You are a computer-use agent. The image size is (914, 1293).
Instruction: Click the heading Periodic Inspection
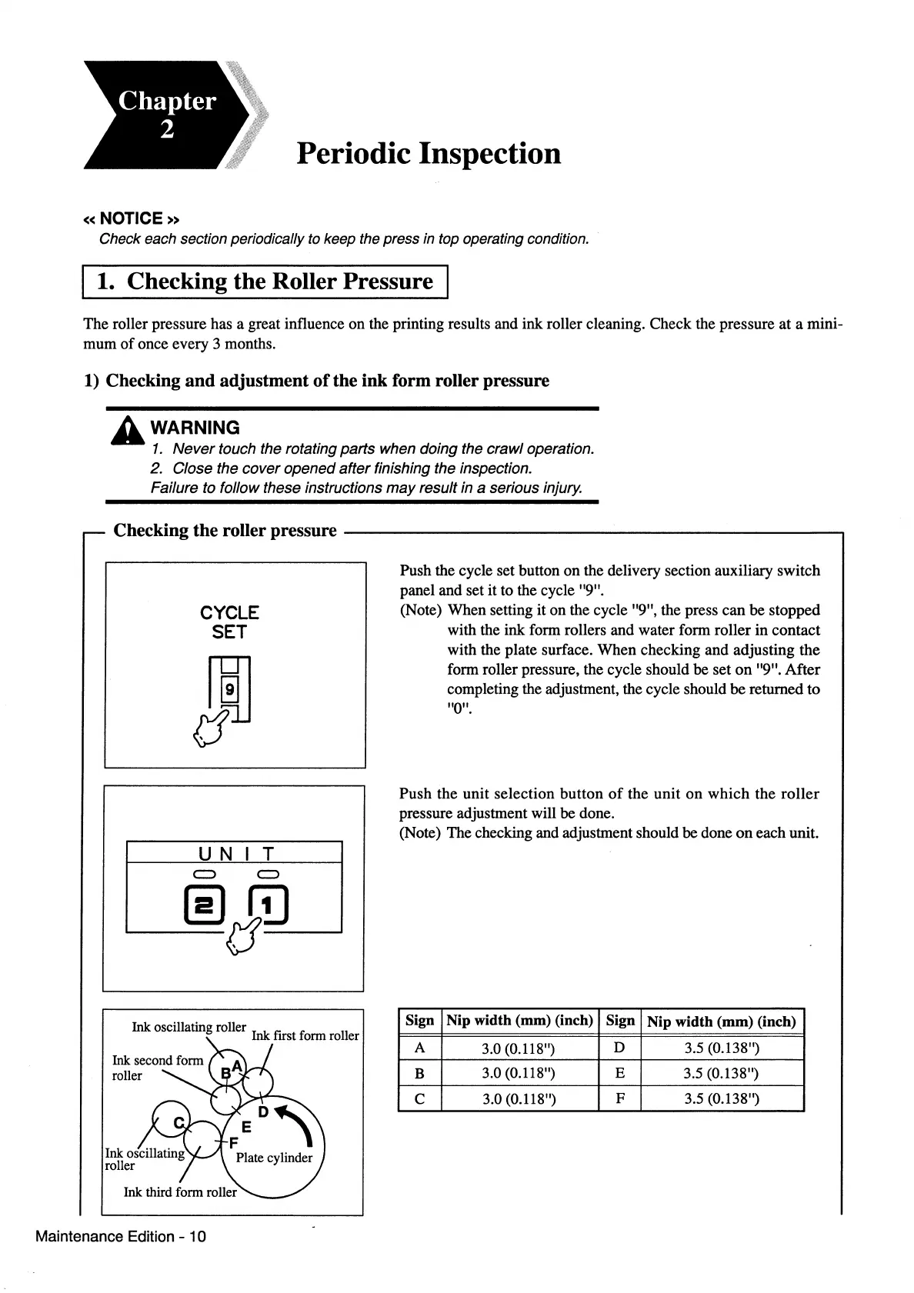tap(429, 153)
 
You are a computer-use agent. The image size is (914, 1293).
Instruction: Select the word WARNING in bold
tap(195, 428)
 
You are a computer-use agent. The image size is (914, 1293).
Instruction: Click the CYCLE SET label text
tap(229, 622)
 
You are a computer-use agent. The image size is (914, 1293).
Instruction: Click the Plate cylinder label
tap(274, 1158)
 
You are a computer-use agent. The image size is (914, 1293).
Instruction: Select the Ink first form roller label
tap(305, 1035)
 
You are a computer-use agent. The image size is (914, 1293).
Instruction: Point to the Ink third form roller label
tap(180, 1192)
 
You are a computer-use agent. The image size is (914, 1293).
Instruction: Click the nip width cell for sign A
tap(519, 1048)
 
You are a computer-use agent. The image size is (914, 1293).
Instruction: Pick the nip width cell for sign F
tap(722, 1098)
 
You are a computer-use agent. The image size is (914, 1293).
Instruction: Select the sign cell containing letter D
tap(619, 1048)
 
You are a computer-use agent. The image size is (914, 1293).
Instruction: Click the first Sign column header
tap(419, 1021)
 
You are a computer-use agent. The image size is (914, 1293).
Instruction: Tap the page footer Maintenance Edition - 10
tap(120, 1236)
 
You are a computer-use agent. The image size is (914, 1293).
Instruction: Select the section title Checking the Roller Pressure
tap(265, 281)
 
